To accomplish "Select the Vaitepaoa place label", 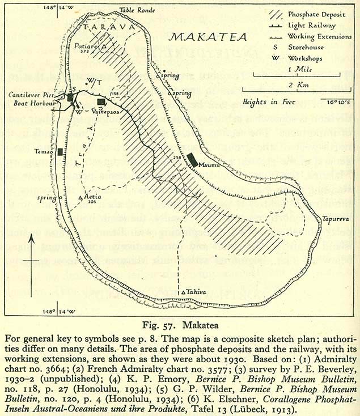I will pos(105,112).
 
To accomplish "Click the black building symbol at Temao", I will pos(60,152).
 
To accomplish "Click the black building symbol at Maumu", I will pos(193,159).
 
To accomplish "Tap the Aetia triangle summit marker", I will pos(80,197).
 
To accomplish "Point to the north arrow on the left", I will pos(35,261).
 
